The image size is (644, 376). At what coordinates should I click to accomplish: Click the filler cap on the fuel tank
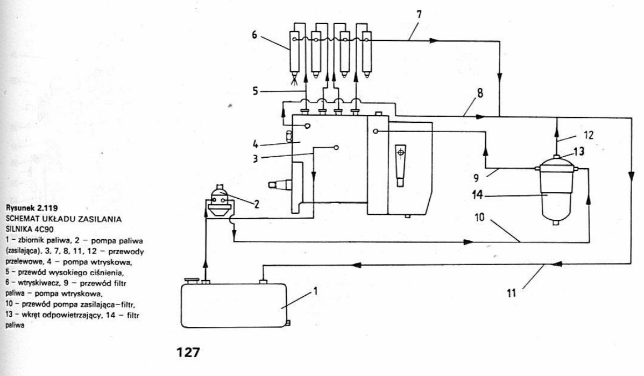191,279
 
